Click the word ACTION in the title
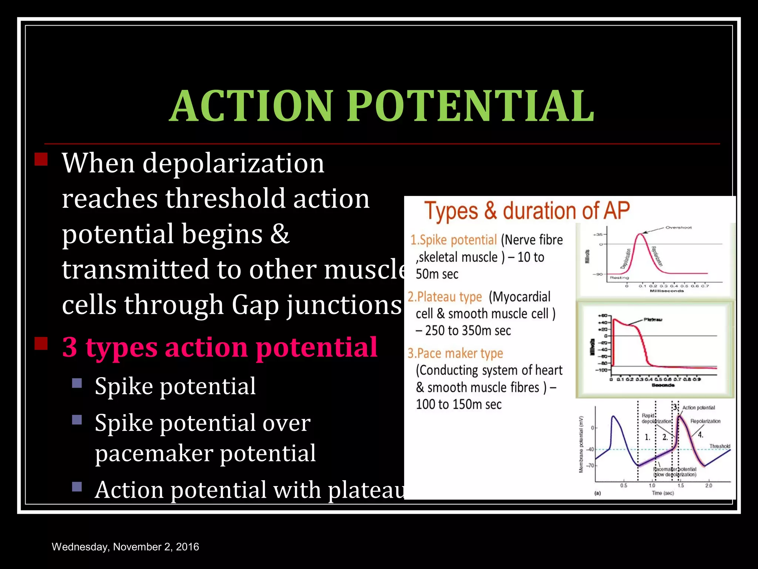coord(252,106)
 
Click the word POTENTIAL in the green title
coord(470,106)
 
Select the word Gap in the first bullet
coord(255,305)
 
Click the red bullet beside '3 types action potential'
coord(41,344)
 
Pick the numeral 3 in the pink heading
coord(70,347)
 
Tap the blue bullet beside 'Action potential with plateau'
coord(77,486)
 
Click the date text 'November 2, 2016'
coord(156,547)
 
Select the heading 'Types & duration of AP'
coord(526,211)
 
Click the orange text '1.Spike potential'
coord(453,240)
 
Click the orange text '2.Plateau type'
coord(445,297)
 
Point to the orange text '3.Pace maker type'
coord(455,353)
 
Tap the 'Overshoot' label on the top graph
coord(678,227)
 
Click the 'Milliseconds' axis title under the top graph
coord(667,291)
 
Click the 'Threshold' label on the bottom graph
coord(720,446)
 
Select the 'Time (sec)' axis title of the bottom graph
coord(663,493)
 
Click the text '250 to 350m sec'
coord(468,330)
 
